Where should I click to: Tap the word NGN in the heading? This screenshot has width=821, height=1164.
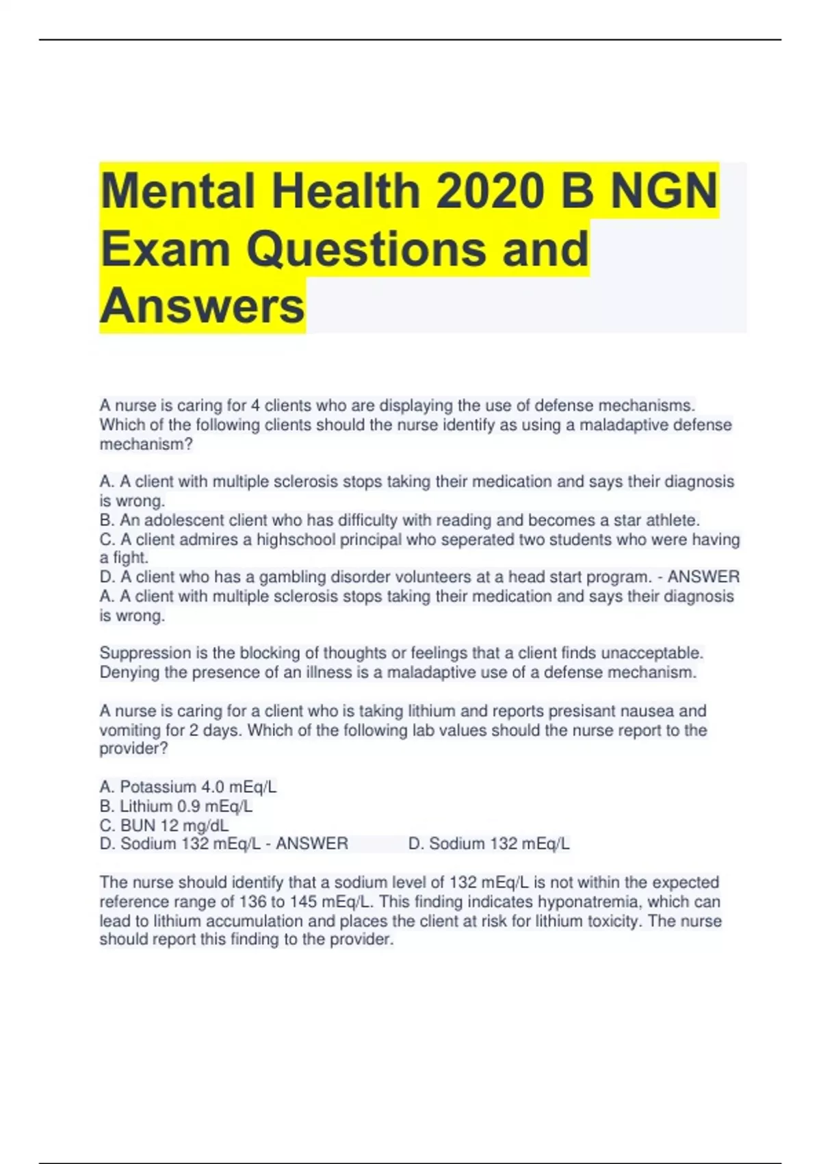[x=663, y=190]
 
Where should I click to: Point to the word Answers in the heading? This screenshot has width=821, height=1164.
[x=202, y=305]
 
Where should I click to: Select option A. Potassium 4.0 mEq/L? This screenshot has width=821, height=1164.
[x=188, y=787]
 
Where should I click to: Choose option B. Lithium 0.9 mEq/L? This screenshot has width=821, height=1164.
[x=176, y=806]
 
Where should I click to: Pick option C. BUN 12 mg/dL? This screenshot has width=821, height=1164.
[x=164, y=825]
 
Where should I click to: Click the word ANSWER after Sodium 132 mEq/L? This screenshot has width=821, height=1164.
[x=312, y=844]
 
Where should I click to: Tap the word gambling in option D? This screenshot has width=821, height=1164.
[x=292, y=577]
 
